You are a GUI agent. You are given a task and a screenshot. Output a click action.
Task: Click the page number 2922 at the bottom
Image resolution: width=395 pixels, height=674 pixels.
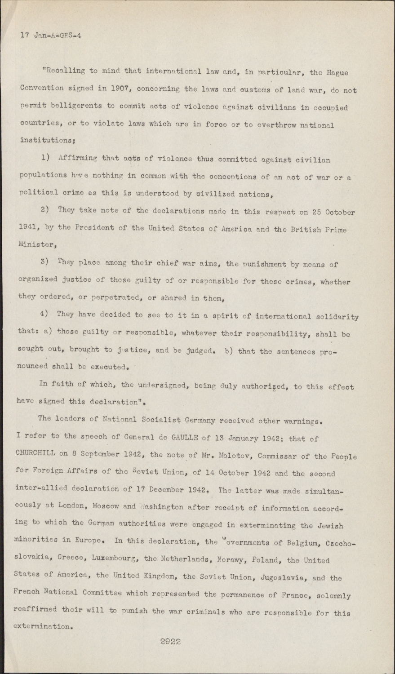coord(170,642)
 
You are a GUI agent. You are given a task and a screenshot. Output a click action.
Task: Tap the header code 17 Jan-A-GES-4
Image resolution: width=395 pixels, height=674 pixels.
coord(51,35)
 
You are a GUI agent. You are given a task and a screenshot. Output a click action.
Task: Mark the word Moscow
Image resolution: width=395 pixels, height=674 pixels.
coord(105,506)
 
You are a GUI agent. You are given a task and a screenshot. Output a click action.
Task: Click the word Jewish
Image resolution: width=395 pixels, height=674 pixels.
coord(330,525)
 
